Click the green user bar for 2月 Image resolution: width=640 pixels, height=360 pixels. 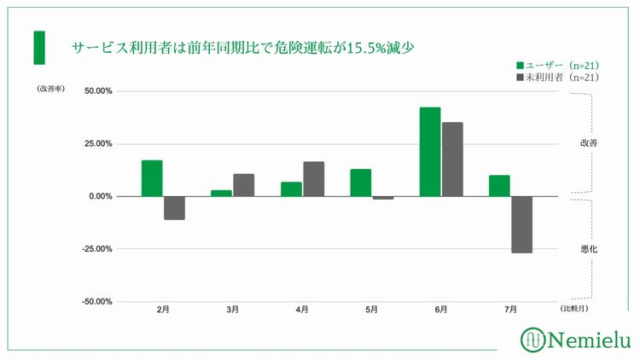(152, 178)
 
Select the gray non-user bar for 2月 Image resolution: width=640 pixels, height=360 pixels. (174, 207)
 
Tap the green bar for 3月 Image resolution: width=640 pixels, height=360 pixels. (221, 193)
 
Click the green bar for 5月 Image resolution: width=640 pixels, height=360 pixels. (361, 183)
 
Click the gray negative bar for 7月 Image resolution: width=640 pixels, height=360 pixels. (522, 224)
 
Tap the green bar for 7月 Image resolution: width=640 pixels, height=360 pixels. (499, 186)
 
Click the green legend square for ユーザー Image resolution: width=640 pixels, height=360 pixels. (520, 65)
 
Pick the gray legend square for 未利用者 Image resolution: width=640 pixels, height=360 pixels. (520, 78)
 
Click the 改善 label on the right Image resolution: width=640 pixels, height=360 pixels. (588, 143)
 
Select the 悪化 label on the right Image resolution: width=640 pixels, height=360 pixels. (588, 248)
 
